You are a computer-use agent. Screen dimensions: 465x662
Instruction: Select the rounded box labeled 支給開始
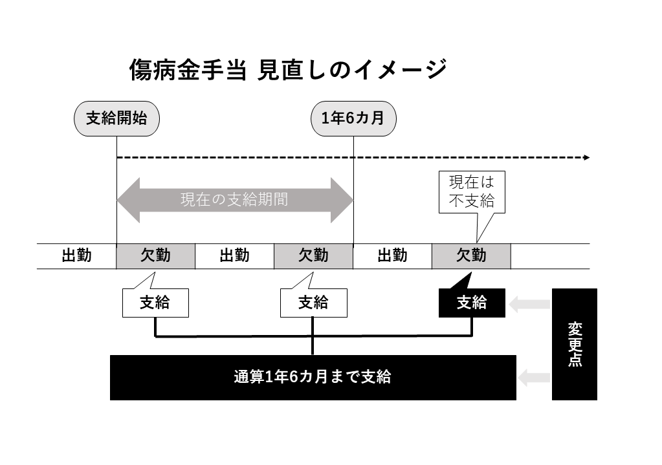tap(116, 118)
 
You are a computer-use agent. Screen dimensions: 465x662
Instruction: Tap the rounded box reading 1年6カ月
tap(353, 118)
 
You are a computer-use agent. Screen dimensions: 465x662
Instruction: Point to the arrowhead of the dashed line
tap(586, 157)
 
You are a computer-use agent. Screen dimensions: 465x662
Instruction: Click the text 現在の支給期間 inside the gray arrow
tap(234, 200)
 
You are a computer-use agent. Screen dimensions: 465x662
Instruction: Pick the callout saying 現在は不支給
tap(472, 192)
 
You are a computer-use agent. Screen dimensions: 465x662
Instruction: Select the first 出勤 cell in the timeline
tap(76, 256)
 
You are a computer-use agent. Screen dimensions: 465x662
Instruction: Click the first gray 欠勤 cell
tap(155, 256)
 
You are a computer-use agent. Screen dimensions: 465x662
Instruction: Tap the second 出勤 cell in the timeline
tap(234, 256)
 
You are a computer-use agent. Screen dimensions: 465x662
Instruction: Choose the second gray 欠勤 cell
tap(313, 256)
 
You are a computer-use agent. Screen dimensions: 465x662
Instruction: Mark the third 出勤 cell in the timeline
tap(392, 256)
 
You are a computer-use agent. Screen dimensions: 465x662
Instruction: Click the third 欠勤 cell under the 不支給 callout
tap(471, 256)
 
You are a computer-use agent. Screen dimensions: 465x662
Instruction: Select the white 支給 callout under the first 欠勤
tap(155, 303)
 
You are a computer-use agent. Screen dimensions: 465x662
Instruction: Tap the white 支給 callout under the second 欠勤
tap(313, 303)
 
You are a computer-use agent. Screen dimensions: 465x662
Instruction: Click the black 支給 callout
tap(472, 302)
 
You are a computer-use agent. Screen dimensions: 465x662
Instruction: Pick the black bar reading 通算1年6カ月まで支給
tap(313, 377)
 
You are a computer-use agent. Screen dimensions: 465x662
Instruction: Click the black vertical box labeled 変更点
tap(574, 343)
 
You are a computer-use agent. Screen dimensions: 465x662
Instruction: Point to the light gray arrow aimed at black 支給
tap(529, 303)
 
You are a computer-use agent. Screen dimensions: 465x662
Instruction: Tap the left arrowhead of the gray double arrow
tap(127, 200)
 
